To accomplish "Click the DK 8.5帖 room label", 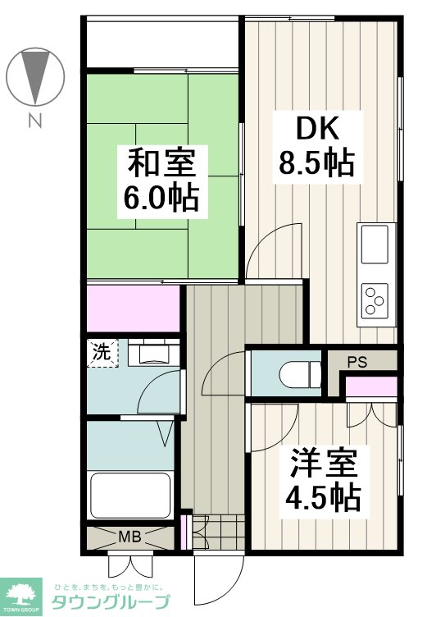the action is (317, 147).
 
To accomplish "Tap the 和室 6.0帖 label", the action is (162, 182).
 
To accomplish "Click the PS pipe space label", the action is (357, 362).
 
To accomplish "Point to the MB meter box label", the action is (130, 537).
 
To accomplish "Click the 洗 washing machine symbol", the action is (102, 353).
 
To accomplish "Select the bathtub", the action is (130, 495).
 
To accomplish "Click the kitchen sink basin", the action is (375, 245).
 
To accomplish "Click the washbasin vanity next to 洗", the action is (154, 352).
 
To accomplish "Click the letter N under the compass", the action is (35, 121).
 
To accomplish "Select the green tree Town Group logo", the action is (20, 596).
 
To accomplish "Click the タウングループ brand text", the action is (111, 602).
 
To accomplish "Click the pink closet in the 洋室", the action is (371, 386).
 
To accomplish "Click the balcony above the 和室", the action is (162, 44).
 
